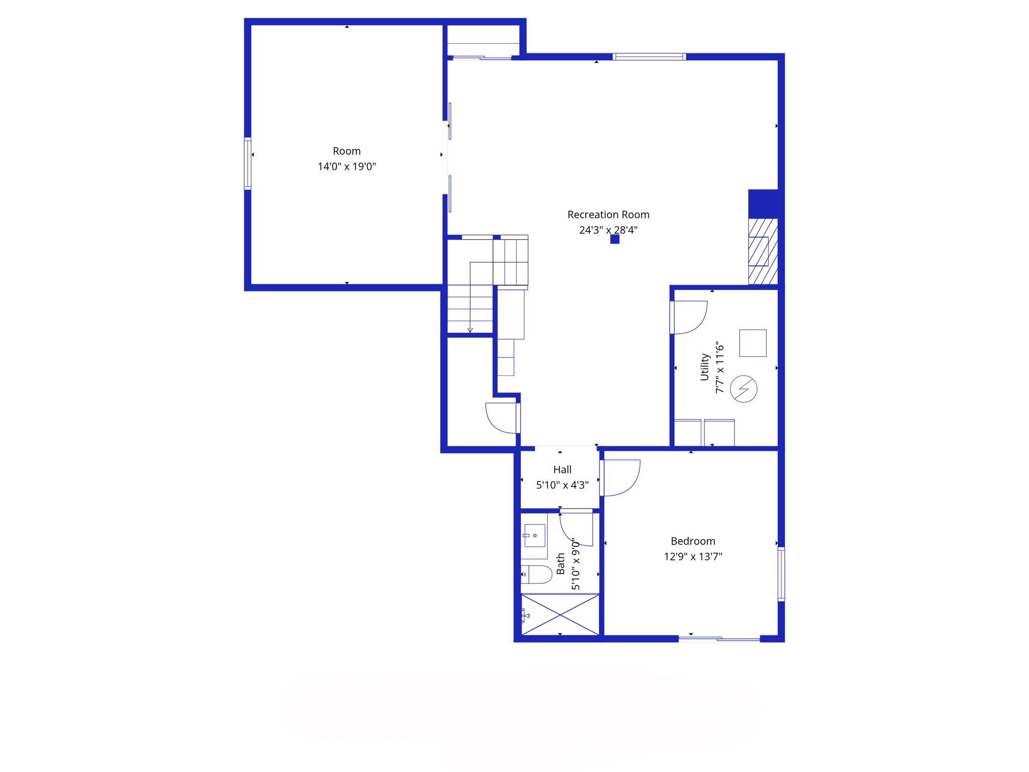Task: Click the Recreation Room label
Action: (x=608, y=215)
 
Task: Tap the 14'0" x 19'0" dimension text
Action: (x=347, y=166)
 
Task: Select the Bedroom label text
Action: (x=693, y=541)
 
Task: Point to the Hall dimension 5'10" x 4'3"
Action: (x=562, y=485)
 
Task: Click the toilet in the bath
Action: (x=537, y=574)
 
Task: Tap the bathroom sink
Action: (x=534, y=535)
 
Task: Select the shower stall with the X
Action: (x=560, y=614)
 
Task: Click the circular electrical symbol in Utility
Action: (x=743, y=389)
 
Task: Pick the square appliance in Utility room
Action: (x=753, y=343)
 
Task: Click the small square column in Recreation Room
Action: (x=614, y=239)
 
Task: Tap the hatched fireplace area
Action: (x=763, y=251)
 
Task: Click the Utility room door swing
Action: (x=691, y=317)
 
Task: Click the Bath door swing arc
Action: (x=576, y=529)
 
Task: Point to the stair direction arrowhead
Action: (x=470, y=330)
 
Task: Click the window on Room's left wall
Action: (x=248, y=164)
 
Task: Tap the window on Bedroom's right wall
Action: (x=781, y=574)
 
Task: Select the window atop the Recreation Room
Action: (x=649, y=57)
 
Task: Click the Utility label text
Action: (x=704, y=367)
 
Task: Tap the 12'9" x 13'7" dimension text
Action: (x=693, y=556)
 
